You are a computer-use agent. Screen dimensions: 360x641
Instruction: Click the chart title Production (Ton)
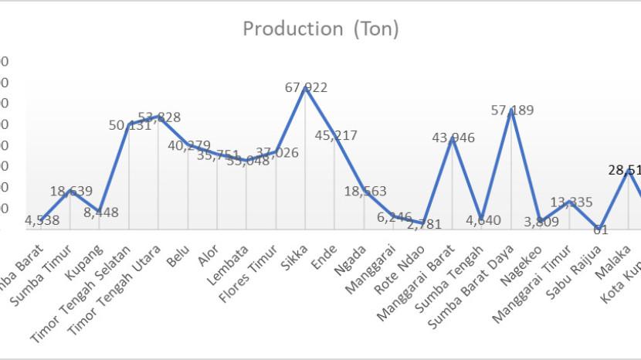(x=320, y=29)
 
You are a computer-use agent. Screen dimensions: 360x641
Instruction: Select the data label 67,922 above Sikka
(x=306, y=87)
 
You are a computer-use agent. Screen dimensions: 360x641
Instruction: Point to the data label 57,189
(x=512, y=110)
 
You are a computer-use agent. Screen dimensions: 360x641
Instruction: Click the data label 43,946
(x=453, y=138)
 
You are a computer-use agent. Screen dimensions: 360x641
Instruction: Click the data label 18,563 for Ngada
(x=365, y=192)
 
